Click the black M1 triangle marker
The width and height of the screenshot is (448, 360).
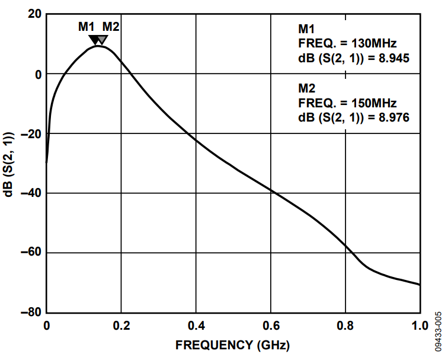94,40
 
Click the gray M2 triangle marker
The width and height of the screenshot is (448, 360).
102,40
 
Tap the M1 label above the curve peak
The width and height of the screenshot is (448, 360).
86,27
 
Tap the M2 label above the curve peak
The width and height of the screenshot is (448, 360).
111,27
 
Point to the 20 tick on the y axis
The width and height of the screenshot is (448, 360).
34,15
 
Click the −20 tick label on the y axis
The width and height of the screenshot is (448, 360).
31,134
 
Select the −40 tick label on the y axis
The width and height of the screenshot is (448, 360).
31,193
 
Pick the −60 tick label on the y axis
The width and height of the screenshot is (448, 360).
31,253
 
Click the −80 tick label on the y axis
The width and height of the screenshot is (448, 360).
31,313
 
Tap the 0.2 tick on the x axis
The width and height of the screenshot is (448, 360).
121,325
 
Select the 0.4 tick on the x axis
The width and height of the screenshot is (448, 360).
196,325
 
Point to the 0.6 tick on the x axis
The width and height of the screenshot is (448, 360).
271,325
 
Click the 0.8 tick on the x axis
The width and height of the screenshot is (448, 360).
345,325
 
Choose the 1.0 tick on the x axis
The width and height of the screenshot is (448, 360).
420,325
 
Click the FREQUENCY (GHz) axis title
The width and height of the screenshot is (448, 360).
233,345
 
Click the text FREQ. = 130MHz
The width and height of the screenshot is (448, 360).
347,43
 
